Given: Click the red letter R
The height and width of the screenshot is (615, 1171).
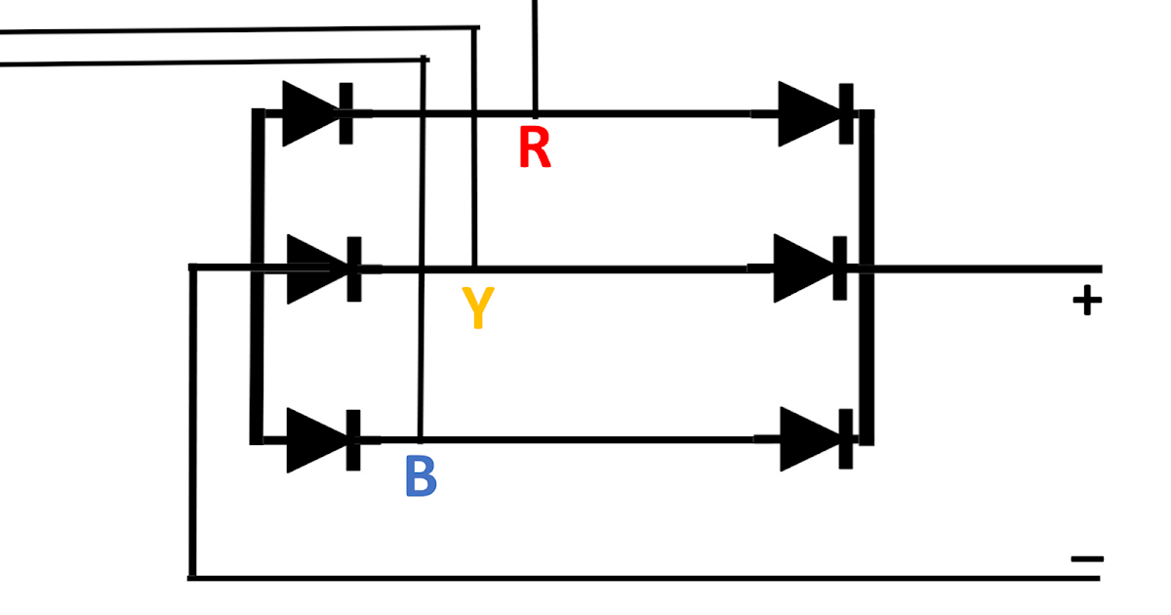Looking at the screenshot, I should coord(535,148).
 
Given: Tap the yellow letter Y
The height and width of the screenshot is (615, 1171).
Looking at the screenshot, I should coord(475,308).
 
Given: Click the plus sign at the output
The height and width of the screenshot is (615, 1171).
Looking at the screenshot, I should coord(1086,302).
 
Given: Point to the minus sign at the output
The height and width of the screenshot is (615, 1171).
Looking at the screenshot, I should coord(1086,559).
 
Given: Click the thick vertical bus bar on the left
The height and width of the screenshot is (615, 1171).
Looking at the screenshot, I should coord(258,278).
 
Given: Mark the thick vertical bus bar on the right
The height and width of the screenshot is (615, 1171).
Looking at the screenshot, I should coord(867,278).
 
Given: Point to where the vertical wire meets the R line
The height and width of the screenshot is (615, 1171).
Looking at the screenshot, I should coord(535,113).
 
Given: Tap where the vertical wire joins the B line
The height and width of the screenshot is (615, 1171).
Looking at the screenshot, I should coord(421,440).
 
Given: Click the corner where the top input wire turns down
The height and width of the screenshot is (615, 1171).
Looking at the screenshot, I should coord(475,28).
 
